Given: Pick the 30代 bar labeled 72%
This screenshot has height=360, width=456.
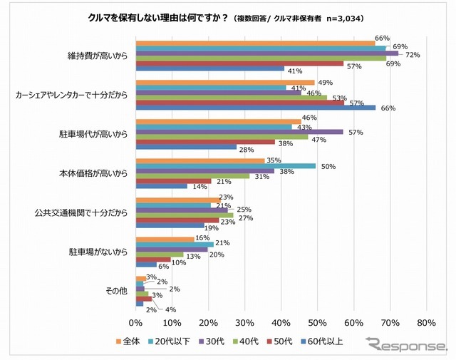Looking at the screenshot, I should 267,53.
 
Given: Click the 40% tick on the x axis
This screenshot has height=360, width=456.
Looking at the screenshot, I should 281,323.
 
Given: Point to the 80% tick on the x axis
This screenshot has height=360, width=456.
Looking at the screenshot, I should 425,323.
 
